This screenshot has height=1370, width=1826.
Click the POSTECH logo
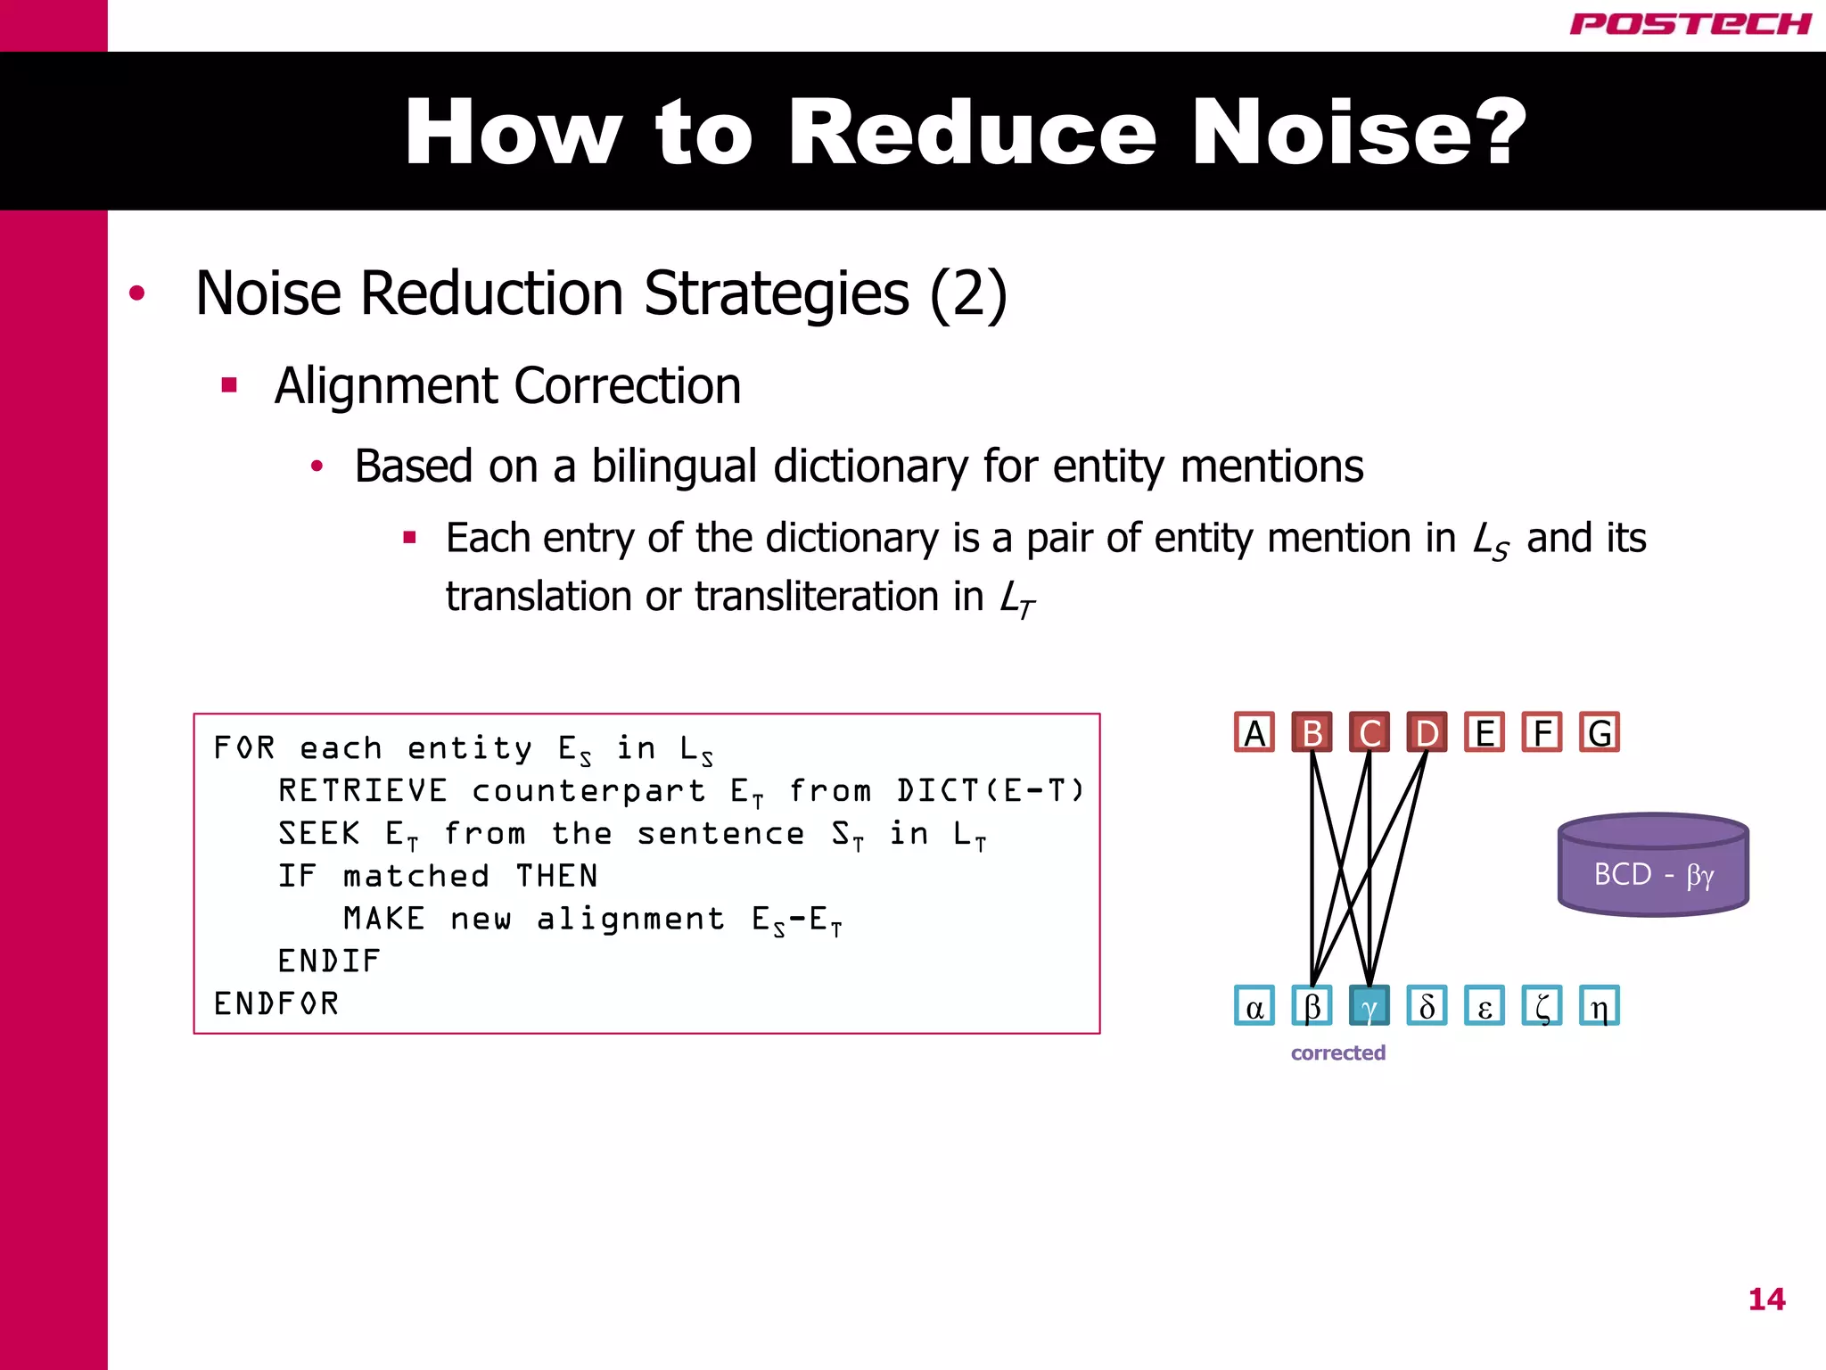(1690, 24)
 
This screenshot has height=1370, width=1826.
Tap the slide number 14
(1766, 1300)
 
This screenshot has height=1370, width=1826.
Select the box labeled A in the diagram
(1254, 733)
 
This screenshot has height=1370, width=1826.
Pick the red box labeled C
(1369, 733)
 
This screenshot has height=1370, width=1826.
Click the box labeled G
(1600, 733)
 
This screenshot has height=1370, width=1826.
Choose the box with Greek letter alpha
(1254, 1007)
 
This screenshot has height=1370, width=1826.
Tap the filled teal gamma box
(1369, 1007)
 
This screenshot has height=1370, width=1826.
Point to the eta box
(1600, 1007)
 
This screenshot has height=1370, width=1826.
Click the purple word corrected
(1337, 1053)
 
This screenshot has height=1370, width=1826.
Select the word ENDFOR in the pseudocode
(276, 1004)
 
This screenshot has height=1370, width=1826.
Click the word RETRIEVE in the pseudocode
(363, 790)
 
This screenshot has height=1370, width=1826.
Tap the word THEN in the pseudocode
(557, 876)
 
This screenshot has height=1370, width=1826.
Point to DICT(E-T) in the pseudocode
(991, 790)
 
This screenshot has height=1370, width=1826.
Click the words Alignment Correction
(507, 386)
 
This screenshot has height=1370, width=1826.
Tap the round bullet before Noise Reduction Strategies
(136, 293)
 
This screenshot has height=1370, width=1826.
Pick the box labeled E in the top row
(1485, 733)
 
